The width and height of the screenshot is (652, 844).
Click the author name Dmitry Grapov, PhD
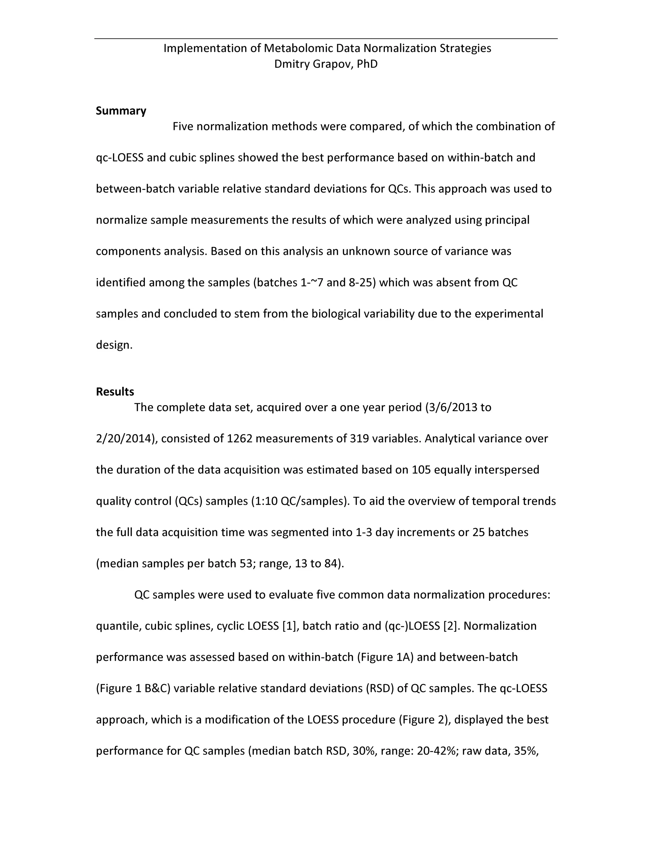click(x=326, y=64)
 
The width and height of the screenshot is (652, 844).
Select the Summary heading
click(x=121, y=111)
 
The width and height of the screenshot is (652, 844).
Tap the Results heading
click(x=115, y=391)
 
